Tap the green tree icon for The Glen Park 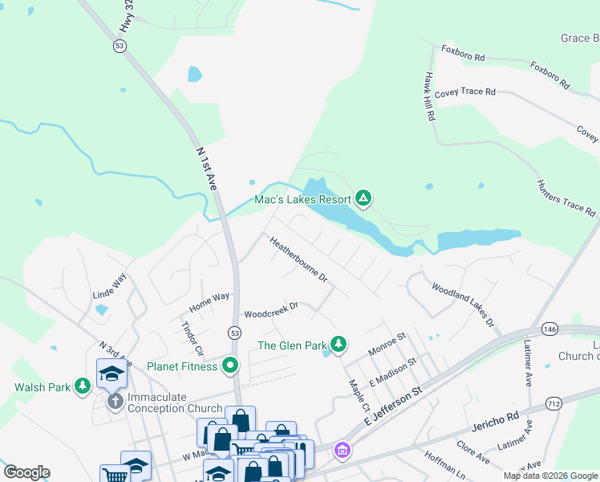pos(339,345)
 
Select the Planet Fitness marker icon pos(231,366)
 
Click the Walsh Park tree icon pos(82,387)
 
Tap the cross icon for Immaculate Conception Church pos(115,399)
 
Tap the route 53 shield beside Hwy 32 pos(119,47)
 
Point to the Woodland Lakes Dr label pos(463,304)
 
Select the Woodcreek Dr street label pos(271,310)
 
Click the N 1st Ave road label pos(206,168)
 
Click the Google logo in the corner pos(26,472)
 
